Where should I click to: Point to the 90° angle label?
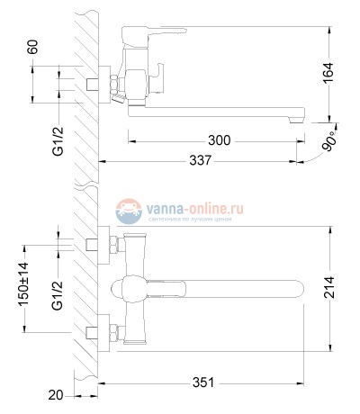(332, 142)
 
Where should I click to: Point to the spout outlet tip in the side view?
(296, 117)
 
